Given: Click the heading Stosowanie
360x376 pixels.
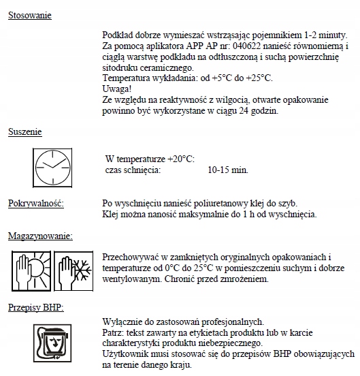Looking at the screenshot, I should point(29,14).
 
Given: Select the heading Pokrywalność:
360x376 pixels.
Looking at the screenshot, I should point(35,204).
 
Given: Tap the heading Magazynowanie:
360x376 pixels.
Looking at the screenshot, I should point(40,236).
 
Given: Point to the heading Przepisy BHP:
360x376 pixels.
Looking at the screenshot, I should point(35,308).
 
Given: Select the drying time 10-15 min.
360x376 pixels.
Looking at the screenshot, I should point(228,170).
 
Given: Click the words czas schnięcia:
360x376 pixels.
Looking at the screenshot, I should point(133,170).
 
